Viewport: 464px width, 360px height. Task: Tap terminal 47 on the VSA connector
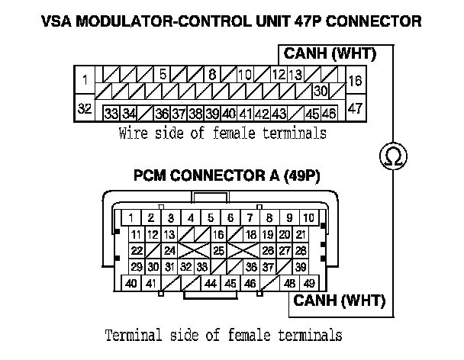click(355, 108)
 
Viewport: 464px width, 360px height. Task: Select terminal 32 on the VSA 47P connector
click(85, 108)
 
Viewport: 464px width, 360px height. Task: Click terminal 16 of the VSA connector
click(355, 79)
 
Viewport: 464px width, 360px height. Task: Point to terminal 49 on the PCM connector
click(309, 283)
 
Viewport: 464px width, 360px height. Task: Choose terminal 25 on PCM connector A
click(218, 250)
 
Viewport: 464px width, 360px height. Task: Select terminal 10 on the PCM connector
click(309, 217)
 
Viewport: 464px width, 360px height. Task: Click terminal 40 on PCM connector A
click(131, 283)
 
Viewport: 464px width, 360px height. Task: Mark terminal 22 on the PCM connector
click(137, 250)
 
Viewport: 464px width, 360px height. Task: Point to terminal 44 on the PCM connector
click(211, 283)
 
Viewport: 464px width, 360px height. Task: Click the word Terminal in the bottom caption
click(129, 335)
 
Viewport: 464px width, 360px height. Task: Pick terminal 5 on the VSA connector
click(163, 75)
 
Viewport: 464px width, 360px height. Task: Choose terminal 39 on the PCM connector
click(301, 266)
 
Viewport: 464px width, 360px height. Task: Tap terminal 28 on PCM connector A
click(301, 250)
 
